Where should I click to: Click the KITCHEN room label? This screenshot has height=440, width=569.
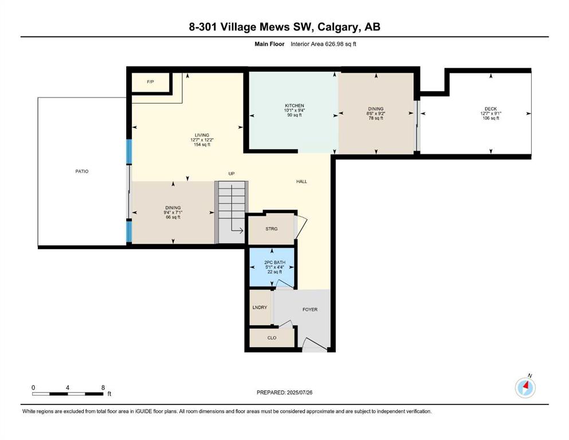coord(295,105)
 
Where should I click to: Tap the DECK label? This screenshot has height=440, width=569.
coord(490,109)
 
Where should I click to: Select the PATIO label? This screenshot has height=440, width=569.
coord(81,171)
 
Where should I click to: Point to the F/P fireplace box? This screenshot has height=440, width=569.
coord(150,82)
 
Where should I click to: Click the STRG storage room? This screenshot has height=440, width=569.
coord(271,229)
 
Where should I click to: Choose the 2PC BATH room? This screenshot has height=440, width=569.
coord(272,267)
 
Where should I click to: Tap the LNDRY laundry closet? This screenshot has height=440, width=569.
coord(260,307)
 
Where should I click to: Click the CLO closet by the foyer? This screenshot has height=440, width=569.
coord(272,337)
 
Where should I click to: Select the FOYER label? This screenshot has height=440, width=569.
coord(310,309)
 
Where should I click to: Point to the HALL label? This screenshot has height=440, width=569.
coord(301,182)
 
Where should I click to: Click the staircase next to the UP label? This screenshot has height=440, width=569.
coord(231,212)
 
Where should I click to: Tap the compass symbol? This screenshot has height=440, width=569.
coord(525,387)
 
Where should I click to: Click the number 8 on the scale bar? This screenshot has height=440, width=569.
coord(103,387)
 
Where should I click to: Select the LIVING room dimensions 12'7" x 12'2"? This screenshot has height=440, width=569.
coord(202,140)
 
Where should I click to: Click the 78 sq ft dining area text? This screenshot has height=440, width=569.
coord(376,118)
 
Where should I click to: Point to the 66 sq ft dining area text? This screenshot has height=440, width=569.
coord(172,217)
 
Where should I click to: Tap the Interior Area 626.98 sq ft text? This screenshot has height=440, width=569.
coord(323,44)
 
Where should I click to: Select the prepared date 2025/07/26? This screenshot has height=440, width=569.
coord(299,392)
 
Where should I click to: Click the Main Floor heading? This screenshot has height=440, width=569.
coord(269,44)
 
